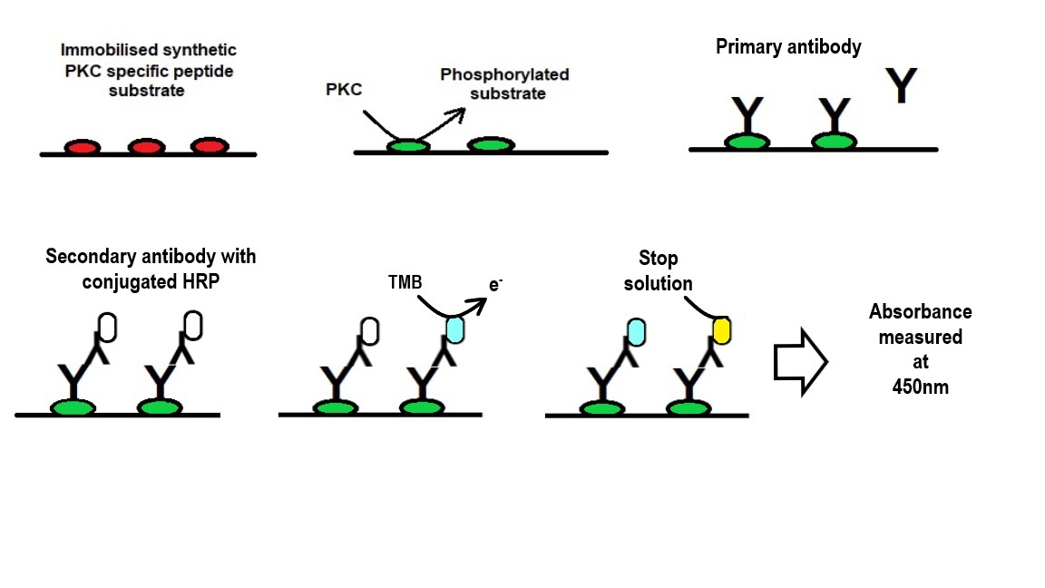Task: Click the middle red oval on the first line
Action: tap(145, 147)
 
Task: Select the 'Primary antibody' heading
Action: tap(788, 47)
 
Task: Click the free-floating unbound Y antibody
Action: tap(900, 85)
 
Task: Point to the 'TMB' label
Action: tap(404, 284)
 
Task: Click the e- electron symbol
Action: tap(495, 285)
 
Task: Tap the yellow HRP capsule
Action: tap(721, 330)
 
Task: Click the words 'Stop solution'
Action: tap(658, 271)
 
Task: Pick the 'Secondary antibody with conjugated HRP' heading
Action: tap(151, 268)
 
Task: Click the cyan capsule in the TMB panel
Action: tap(454, 328)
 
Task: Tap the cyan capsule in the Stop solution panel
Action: tap(635, 331)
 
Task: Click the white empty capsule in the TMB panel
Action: tap(369, 330)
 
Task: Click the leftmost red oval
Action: tap(82, 147)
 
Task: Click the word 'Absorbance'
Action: tap(920, 312)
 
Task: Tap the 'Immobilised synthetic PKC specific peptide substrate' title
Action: tap(149, 70)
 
